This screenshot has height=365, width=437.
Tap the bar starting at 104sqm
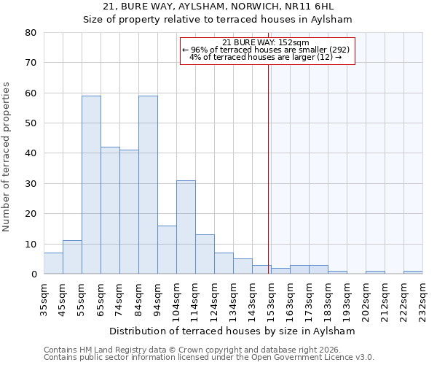pos(186,227)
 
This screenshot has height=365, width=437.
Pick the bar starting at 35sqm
pos(53,264)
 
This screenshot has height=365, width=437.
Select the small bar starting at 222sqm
pos(413,272)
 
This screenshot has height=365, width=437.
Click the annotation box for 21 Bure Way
pos(267,50)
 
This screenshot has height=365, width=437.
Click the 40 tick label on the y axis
pos(30,153)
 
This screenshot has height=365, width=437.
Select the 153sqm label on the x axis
pos(271,298)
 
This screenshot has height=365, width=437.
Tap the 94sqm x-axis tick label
pos(157,298)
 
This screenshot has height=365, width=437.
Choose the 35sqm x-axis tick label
pos(44,298)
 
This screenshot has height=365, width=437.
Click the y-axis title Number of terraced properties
pos(7,156)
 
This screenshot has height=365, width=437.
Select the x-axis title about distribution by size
pos(233,331)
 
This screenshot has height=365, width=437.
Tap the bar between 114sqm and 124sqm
pos(205,254)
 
